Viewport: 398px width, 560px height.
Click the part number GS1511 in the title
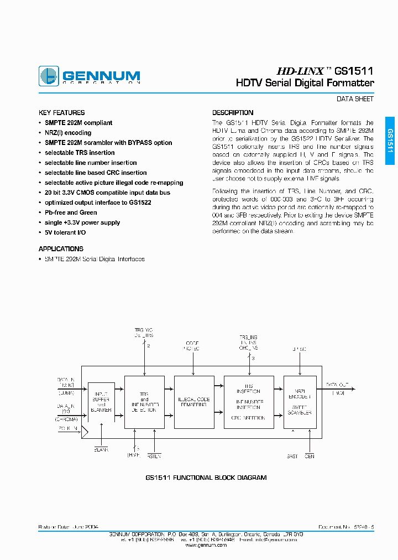(x=354, y=71)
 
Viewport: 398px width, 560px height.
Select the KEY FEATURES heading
(x=61, y=112)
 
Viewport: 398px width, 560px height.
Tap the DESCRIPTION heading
(x=233, y=112)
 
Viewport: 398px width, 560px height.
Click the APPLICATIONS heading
(x=61, y=249)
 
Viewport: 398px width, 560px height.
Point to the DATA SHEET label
(x=355, y=99)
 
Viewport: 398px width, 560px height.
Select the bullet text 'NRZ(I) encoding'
(x=68, y=133)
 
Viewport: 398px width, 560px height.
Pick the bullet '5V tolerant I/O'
(x=65, y=232)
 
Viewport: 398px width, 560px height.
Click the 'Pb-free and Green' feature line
(x=71, y=212)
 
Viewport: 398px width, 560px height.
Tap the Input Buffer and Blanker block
(x=101, y=405)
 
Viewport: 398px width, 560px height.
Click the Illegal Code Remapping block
(x=193, y=402)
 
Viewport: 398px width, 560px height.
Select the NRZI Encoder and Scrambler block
(x=299, y=402)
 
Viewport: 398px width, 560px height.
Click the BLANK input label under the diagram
(x=101, y=450)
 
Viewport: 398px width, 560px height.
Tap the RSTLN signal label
(x=155, y=455)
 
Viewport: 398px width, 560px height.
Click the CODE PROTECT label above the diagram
(x=192, y=346)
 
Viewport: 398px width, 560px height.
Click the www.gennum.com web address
(x=206, y=545)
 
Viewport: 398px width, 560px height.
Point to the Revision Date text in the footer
(x=68, y=527)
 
